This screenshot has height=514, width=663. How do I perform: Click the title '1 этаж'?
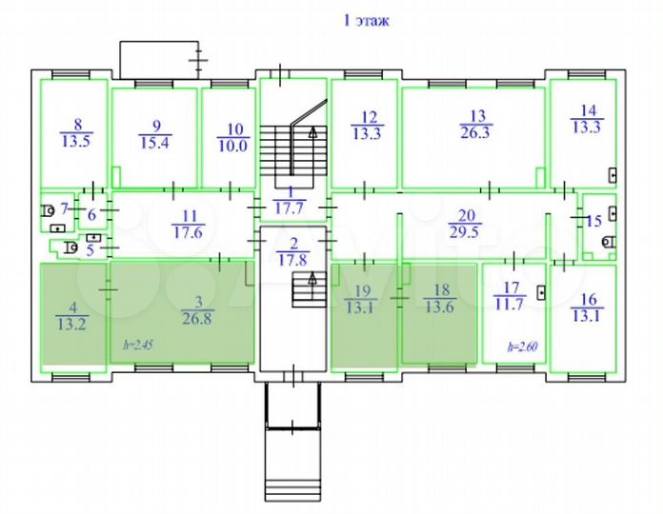[365, 19]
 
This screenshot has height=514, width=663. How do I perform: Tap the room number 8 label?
[77, 123]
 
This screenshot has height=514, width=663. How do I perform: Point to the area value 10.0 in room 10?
[232, 146]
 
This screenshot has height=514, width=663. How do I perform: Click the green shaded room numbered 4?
[72, 314]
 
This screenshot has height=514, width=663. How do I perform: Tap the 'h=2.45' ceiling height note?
[131, 345]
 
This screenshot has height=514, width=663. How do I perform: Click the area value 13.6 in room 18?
[441, 306]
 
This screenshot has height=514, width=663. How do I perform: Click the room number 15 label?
[594, 222]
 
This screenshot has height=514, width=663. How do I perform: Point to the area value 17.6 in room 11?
[188, 229]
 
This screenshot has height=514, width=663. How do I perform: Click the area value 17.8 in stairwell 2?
[293, 258]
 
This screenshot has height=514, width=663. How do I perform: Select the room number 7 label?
[65, 208]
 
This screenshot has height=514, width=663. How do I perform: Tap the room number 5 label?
[90, 251]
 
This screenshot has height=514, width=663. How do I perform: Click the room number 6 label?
[92, 215]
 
